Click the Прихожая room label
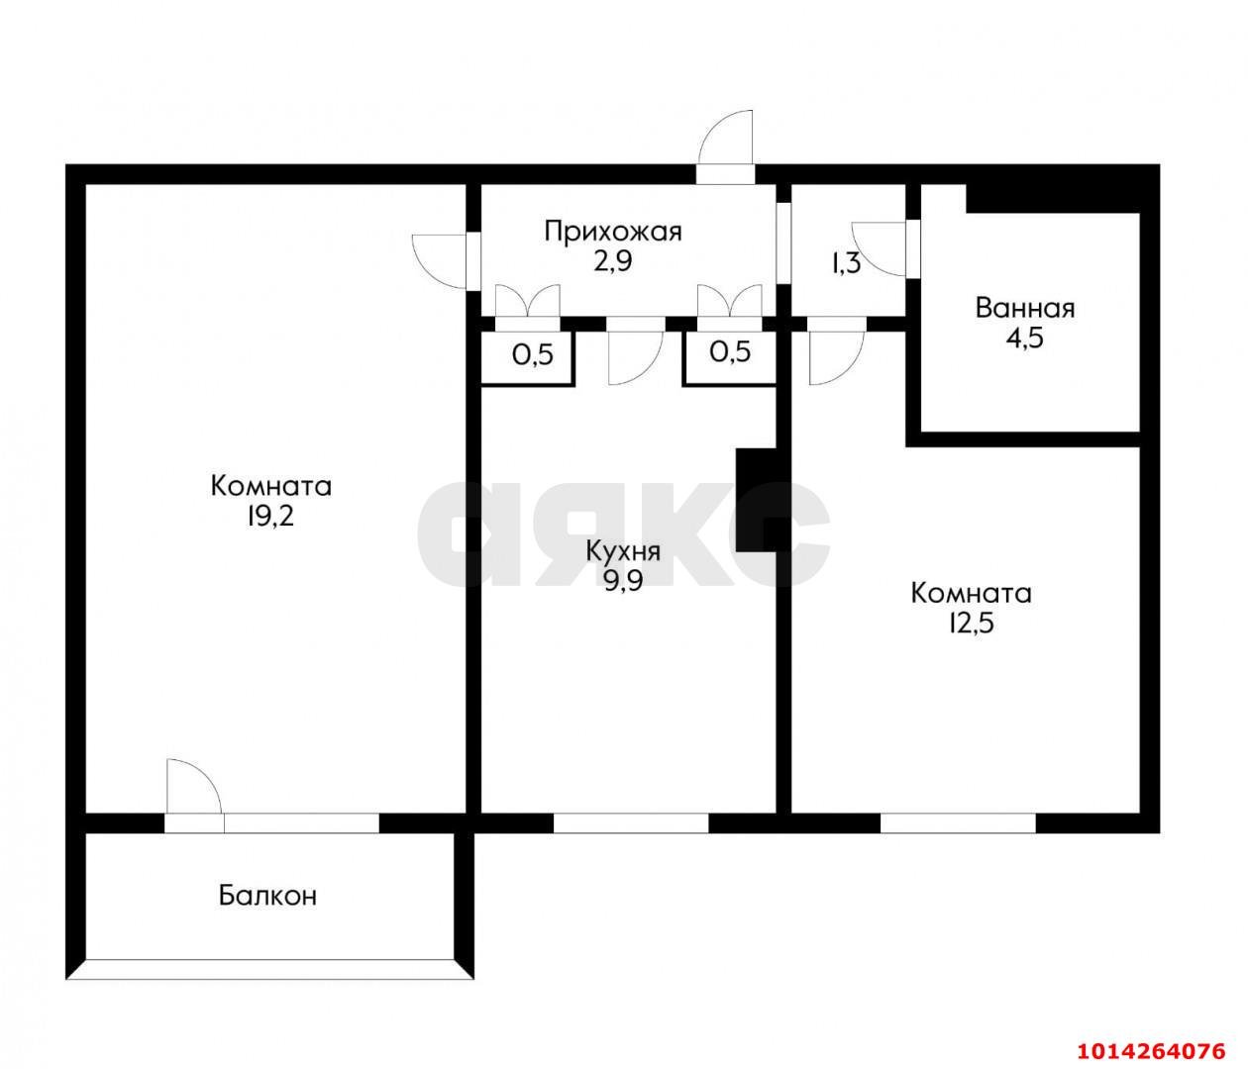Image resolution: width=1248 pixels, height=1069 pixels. [613, 232]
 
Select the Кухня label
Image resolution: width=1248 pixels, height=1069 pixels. [623, 550]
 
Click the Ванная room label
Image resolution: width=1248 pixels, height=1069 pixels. [1024, 308]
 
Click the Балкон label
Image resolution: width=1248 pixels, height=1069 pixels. [267, 897]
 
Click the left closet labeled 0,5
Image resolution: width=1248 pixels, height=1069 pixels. [532, 354]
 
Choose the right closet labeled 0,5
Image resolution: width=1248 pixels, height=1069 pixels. [730, 352]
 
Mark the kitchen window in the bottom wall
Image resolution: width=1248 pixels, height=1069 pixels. [630, 823]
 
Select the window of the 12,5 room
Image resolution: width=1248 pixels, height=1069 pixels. [957, 823]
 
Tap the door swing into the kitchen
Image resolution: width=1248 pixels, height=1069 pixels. [634, 357]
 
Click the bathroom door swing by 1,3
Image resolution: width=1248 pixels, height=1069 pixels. [882, 247]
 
